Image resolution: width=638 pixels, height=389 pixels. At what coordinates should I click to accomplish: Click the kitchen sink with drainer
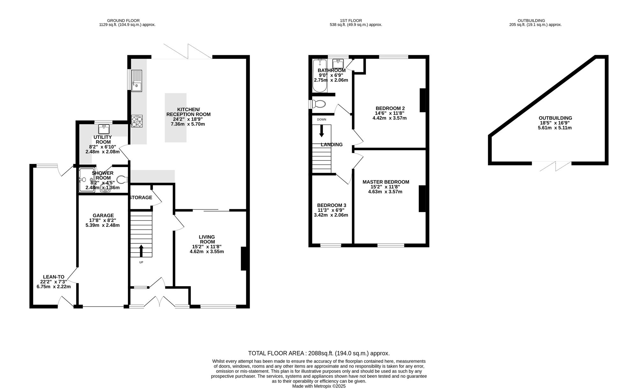pos(137,81)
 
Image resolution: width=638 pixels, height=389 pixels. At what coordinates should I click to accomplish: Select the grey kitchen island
pos(175,118)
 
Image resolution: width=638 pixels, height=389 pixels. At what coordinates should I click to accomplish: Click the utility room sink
pos(104,129)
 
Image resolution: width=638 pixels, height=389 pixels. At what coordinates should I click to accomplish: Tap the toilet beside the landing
pos(318,104)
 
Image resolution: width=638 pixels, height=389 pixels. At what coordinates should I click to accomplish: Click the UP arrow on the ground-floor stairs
pos(141,251)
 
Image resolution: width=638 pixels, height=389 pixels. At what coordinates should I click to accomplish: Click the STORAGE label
pos(141,198)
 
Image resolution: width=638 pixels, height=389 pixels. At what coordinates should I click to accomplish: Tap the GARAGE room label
pos(103,216)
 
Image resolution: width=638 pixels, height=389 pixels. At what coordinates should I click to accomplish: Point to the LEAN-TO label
pos(54,277)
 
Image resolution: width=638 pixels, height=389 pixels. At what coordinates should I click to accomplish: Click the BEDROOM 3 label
pos(331,205)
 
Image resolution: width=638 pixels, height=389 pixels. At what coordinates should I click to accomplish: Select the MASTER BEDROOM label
pos(386,182)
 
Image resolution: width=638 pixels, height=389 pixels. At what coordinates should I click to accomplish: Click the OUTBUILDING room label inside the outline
pos(555,118)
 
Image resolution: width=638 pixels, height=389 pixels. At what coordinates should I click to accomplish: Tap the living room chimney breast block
pos(244,259)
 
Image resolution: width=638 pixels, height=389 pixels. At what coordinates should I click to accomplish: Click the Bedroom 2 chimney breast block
pos(423,100)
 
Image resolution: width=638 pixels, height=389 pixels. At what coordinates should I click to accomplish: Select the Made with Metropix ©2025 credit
pos(319,386)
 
